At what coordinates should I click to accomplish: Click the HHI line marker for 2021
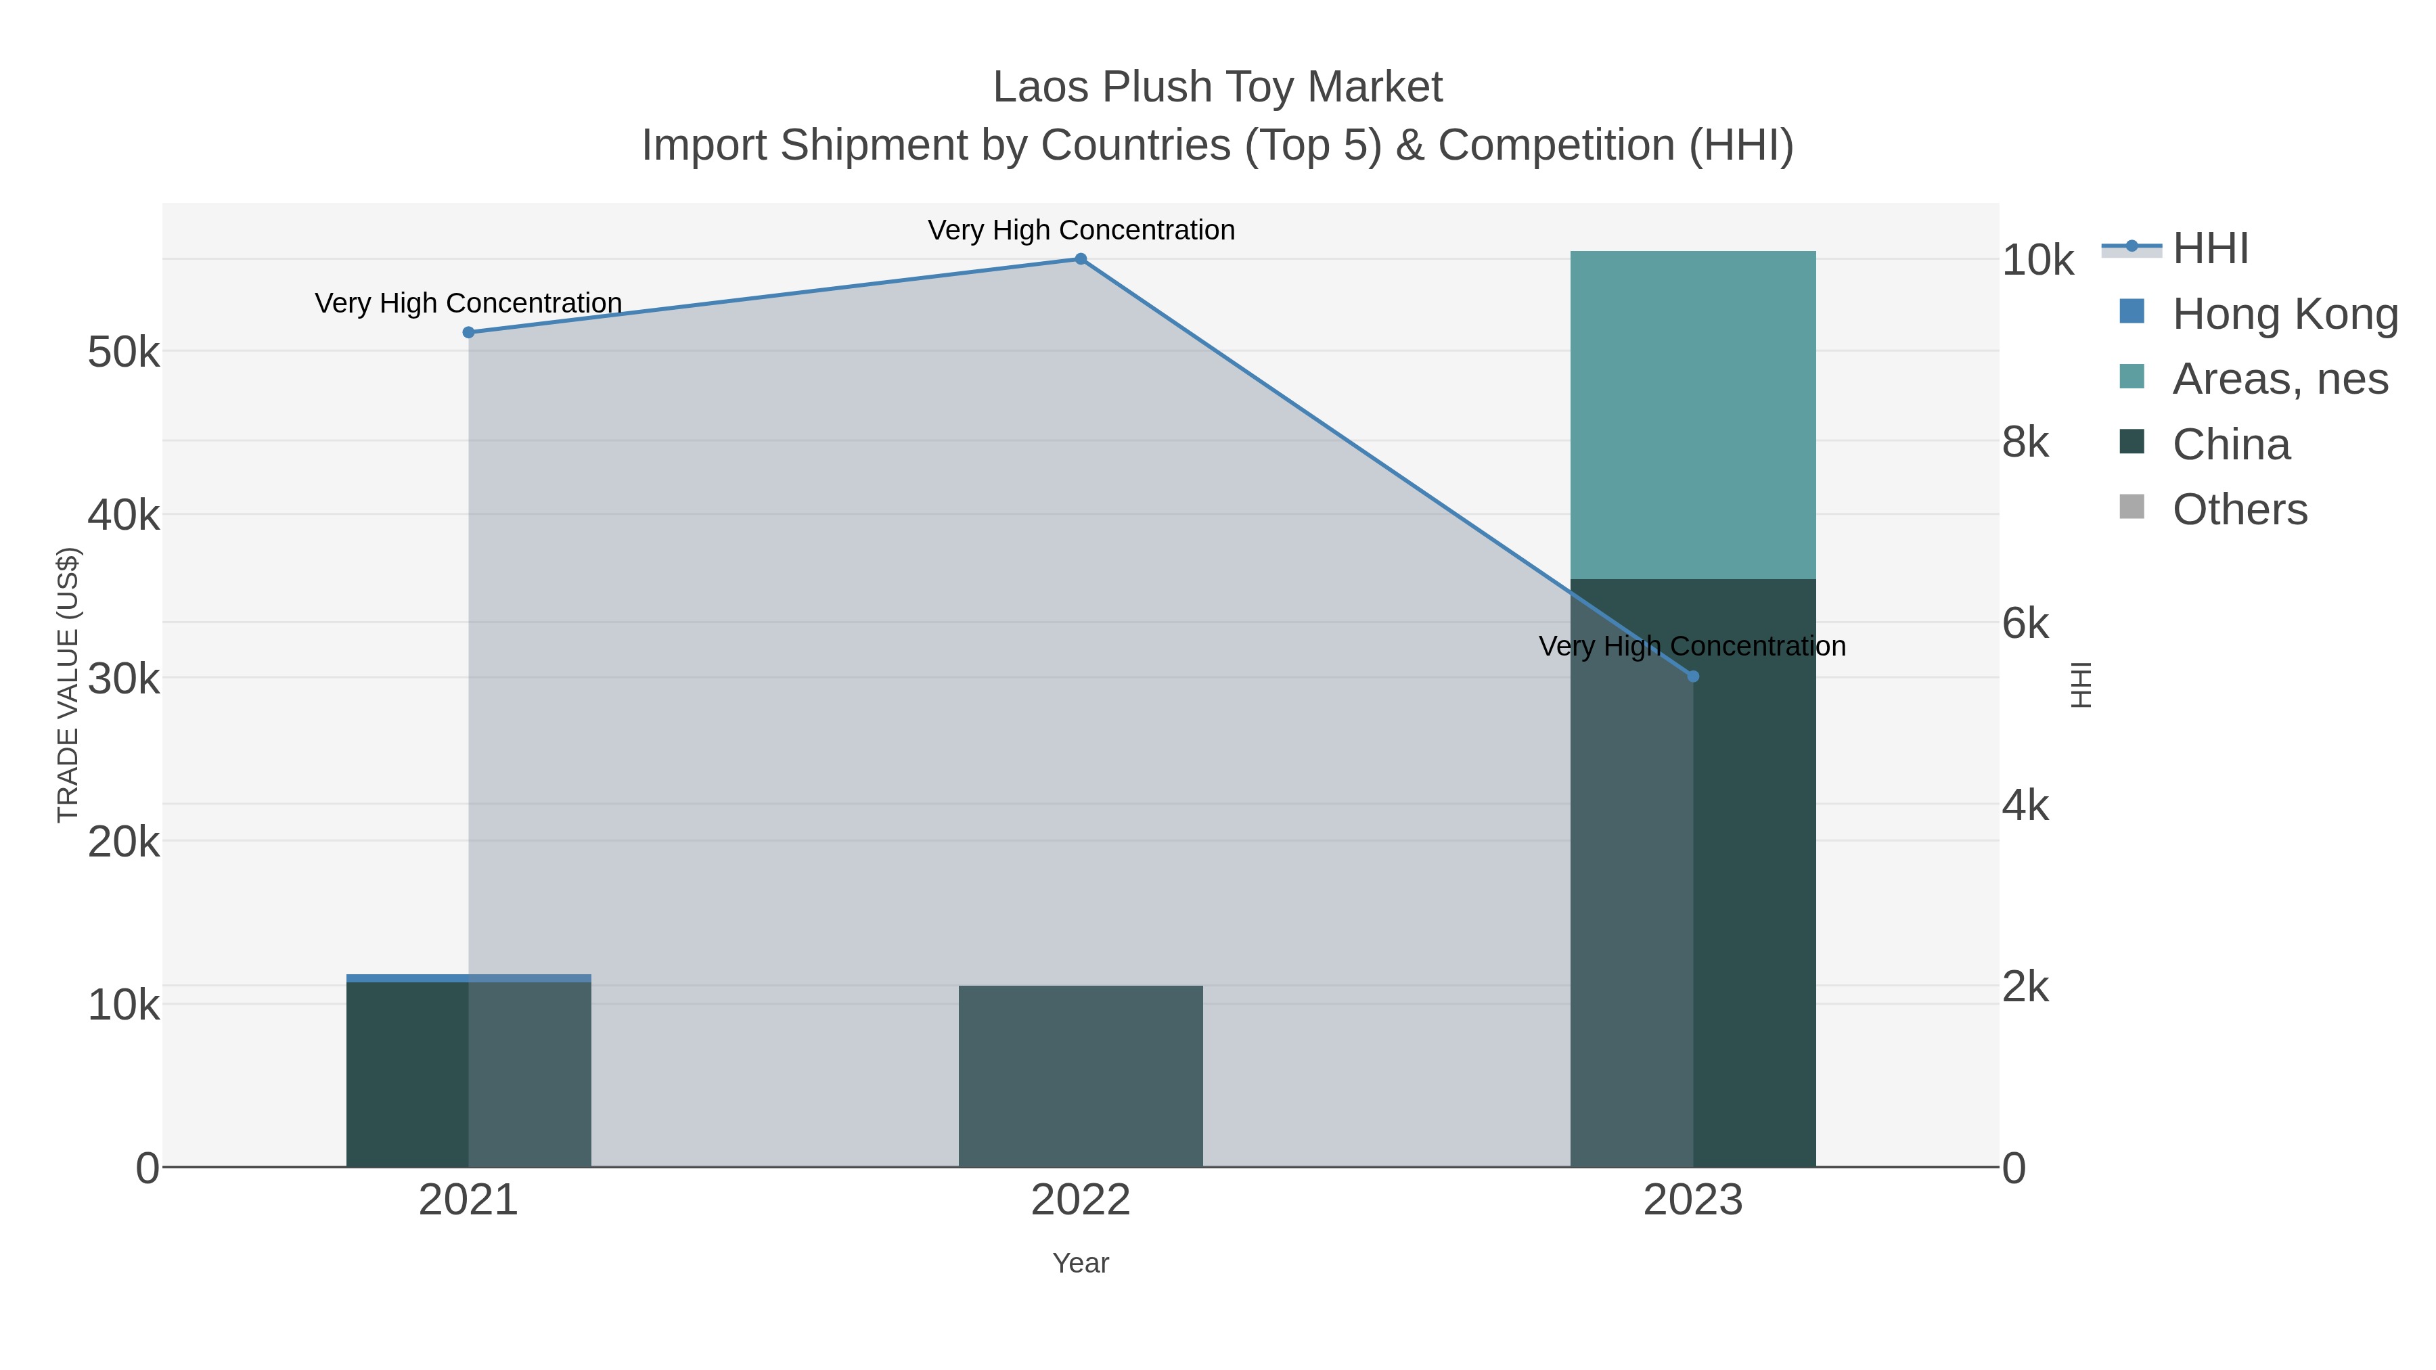tap(468, 332)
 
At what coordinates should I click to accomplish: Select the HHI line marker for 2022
tap(1081, 259)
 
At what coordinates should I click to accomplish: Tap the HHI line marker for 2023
tap(1693, 676)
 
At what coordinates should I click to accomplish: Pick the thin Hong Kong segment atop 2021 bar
tap(468, 978)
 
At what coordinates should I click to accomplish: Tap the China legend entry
tap(2231, 444)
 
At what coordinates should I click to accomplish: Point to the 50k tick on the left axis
tap(123, 352)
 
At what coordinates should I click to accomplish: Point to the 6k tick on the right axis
tap(2025, 624)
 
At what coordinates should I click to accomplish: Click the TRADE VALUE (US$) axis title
tap(68, 685)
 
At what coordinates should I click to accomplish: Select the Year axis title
tap(1081, 1263)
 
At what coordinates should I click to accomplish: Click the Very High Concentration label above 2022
tap(1081, 230)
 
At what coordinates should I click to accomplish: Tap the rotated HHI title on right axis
tap(2081, 685)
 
